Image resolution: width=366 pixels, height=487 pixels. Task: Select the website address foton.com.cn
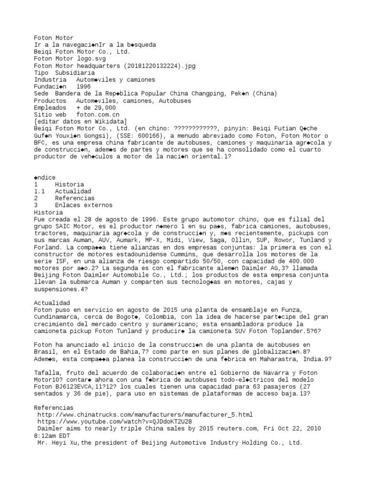[x=98, y=115]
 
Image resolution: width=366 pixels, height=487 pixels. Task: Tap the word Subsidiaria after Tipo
[x=75, y=73]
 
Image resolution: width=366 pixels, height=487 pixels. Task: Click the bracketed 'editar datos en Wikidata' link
[x=81, y=122]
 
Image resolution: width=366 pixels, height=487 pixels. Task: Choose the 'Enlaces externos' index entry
[x=83, y=205]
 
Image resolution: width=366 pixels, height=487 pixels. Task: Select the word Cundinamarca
[x=57, y=317]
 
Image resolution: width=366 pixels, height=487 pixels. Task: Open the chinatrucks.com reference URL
[x=145, y=415]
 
